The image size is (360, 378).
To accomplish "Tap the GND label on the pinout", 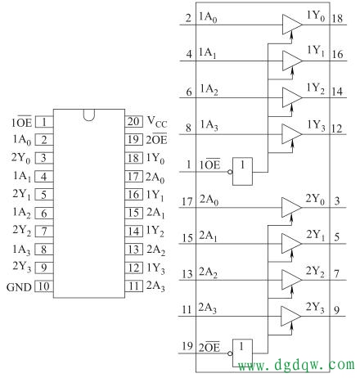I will [x=18, y=286].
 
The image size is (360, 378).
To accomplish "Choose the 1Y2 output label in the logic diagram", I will [x=315, y=89].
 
